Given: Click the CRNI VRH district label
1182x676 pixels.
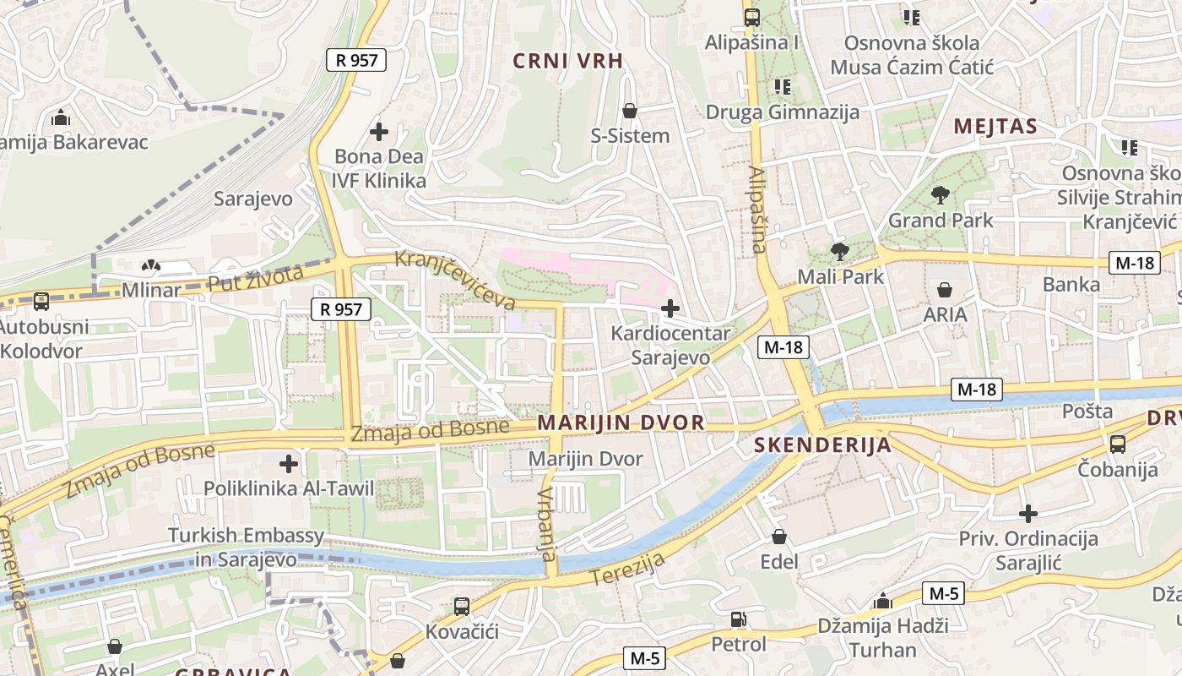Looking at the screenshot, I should pyautogui.click(x=568, y=61).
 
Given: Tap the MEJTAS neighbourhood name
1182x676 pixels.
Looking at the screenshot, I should pyautogui.click(x=995, y=127).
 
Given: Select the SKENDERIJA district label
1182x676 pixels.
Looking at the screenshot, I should pyautogui.click(x=822, y=445).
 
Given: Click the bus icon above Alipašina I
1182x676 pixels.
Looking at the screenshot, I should pyautogui.click(x=751, y=17).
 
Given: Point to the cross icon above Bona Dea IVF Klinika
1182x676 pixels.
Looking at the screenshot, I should pyautogui.click(x=379, y=132).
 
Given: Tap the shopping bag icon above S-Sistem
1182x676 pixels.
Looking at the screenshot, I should pyautogui.click(x=629, y=111).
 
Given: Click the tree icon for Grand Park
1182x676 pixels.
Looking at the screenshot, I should pyautogui.click(x=941, y=196).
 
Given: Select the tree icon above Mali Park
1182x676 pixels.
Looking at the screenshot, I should pyautogui.click(x=839, y=251).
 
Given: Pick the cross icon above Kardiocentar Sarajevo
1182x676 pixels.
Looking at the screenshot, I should pyautogui.click(x=670, y=308).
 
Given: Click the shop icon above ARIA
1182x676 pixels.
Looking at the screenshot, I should pyautogui.click(x=945, y=290).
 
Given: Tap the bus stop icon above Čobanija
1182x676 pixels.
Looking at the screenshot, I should pyautogui.click(x=1117, y=444).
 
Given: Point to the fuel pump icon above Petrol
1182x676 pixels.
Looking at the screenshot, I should pyautogui.click(x=738, y=620).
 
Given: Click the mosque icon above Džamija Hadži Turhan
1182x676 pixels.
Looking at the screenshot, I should pyautogui.click(x=883, y=602).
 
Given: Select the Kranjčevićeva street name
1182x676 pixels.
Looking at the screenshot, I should pyautogui.click(x=455, y=279).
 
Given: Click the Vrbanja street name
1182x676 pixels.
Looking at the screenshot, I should pyautogui.click(x=546, y=524).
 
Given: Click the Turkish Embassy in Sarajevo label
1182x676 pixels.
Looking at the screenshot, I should pyautogui.click(x=246, y=547).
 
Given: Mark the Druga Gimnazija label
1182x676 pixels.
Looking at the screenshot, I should pyautogui.click(x=782, y=112).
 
